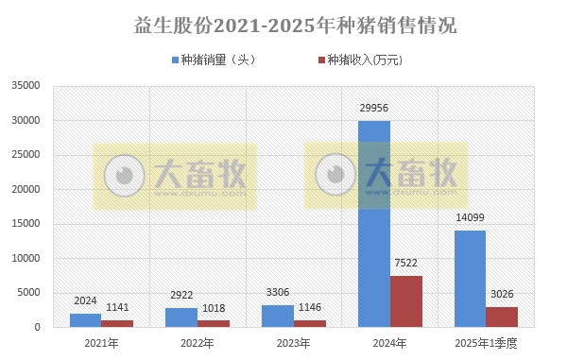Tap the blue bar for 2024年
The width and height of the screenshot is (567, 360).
coord(374,224)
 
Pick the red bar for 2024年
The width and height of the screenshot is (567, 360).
coord(406,301)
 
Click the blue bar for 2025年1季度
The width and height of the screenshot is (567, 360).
coord(470,279)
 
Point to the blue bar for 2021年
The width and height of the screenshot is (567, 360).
coord(85,320)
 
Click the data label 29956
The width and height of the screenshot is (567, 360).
coord(374,108)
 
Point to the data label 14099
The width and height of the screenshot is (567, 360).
coord(470,217)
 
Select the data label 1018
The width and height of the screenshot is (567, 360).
coord(215,307)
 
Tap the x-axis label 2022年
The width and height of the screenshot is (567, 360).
coord(198,343)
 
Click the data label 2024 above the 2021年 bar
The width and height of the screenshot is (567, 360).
coord(85,301)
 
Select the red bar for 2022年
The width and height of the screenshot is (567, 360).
coord(215,323)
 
